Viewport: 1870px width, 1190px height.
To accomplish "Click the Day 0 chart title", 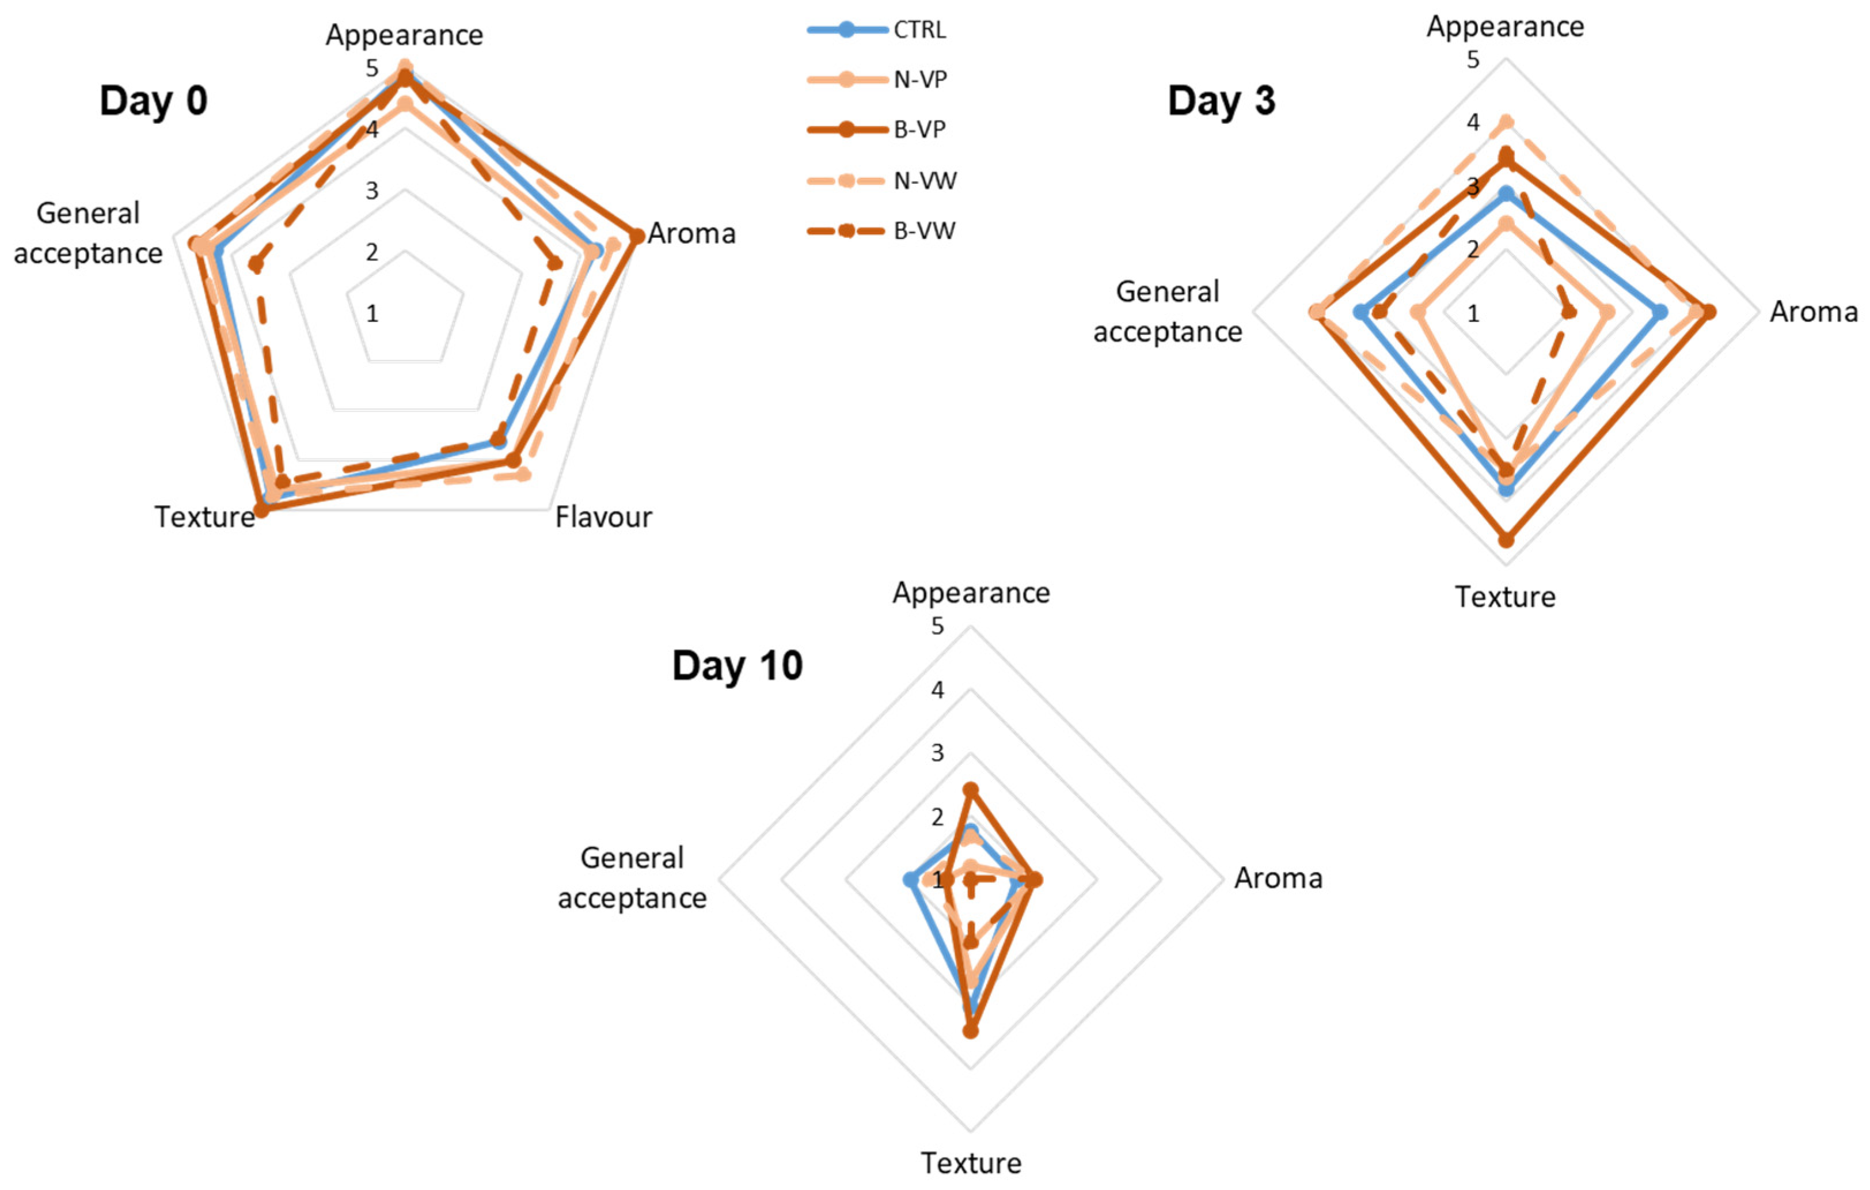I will [153, 101].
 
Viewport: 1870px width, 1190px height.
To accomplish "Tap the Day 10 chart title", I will [737, 666].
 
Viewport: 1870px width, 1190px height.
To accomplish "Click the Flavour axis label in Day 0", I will [603, 517].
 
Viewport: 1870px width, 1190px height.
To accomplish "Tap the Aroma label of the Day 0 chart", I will [691, 233].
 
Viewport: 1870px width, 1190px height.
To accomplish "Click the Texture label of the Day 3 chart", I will [1505, 597].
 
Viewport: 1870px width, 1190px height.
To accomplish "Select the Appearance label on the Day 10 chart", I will [971, 593].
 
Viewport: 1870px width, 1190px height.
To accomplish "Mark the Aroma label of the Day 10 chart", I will [1278, 878].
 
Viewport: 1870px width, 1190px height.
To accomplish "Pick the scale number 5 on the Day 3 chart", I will [1472, 60].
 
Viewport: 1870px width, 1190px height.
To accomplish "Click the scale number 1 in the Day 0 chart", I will [373, 314].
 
